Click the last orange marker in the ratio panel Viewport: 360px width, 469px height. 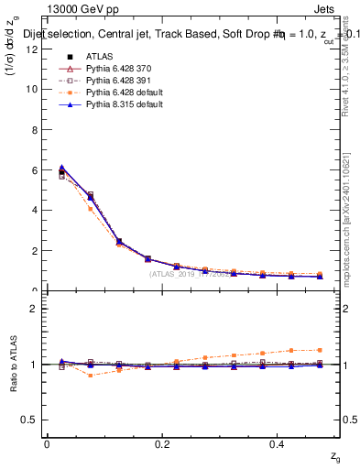point(319,350)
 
